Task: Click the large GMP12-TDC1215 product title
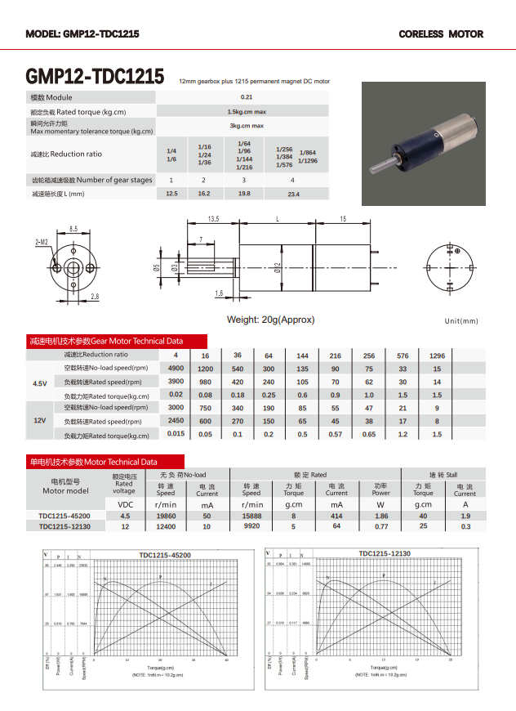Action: (x=96, y=76)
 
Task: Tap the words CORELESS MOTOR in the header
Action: (x=441, y=34)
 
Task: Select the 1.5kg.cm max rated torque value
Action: (x=246, y=111)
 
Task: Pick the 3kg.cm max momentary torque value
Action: (x=246, y=126)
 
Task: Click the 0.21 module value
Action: (x=246, y=97)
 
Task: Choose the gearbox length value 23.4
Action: (x=293, y=194)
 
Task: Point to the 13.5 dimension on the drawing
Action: (x=213, y=219)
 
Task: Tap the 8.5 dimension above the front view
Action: (x=73, y=229)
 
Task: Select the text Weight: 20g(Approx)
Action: (x=270, y=320)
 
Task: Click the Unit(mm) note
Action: (x=461, y=321)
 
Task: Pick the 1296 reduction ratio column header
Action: (x=437, y=355)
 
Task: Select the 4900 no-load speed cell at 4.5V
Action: (x=176, y=369)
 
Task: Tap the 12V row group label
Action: (x=40, y=420)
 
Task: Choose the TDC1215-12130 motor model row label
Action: (x=64, y=527)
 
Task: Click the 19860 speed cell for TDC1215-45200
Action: (x=166, y=516)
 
